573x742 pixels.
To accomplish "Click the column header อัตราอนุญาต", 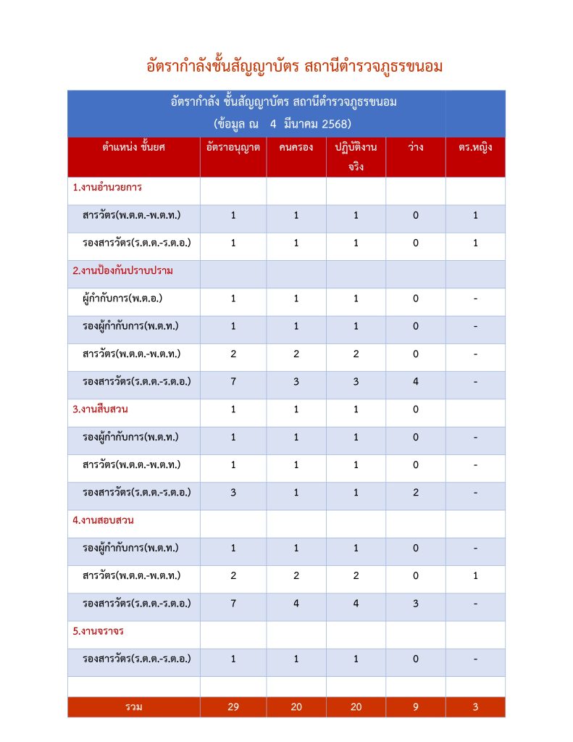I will (x=233, y=148).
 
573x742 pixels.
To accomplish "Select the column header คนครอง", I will (x=296, y=148).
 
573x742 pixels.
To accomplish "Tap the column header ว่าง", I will (x=416, y=148).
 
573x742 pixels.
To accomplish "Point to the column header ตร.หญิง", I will (x=475, y=148).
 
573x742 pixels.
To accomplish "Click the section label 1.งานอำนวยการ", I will (x=107, y=187).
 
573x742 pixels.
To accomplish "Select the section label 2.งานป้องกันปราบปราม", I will (x=123, y=270).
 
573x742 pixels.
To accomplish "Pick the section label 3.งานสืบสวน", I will (x=101, y=409).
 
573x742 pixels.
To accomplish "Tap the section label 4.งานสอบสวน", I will (x=104, y=520).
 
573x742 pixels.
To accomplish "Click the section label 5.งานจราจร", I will (x=99, y=631).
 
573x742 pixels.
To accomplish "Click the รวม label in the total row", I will (x=133, y=707).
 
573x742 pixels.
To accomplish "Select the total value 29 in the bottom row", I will (x=233, y=707).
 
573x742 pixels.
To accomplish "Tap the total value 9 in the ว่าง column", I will (x=416, y=707).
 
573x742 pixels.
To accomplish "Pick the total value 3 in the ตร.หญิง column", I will (x=475, y=707).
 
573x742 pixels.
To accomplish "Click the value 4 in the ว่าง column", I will (x=416, y=382).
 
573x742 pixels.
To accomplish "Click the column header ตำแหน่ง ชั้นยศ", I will (x=134, y=148).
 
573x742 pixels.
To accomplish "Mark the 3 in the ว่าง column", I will (x=416, y=604).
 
